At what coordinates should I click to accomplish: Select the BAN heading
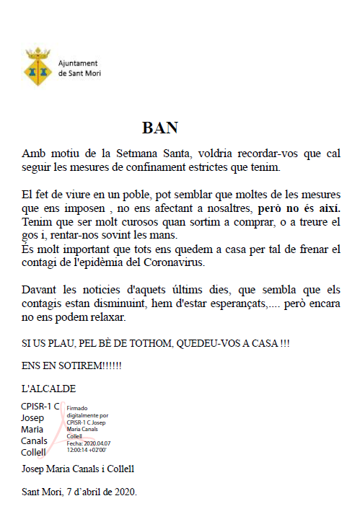[160, 128]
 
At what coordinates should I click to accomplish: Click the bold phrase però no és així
[299, 208]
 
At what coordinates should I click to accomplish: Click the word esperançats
[235, 303]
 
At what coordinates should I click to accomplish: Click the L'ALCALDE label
[48, 389]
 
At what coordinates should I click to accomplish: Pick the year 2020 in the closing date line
[123, 492]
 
